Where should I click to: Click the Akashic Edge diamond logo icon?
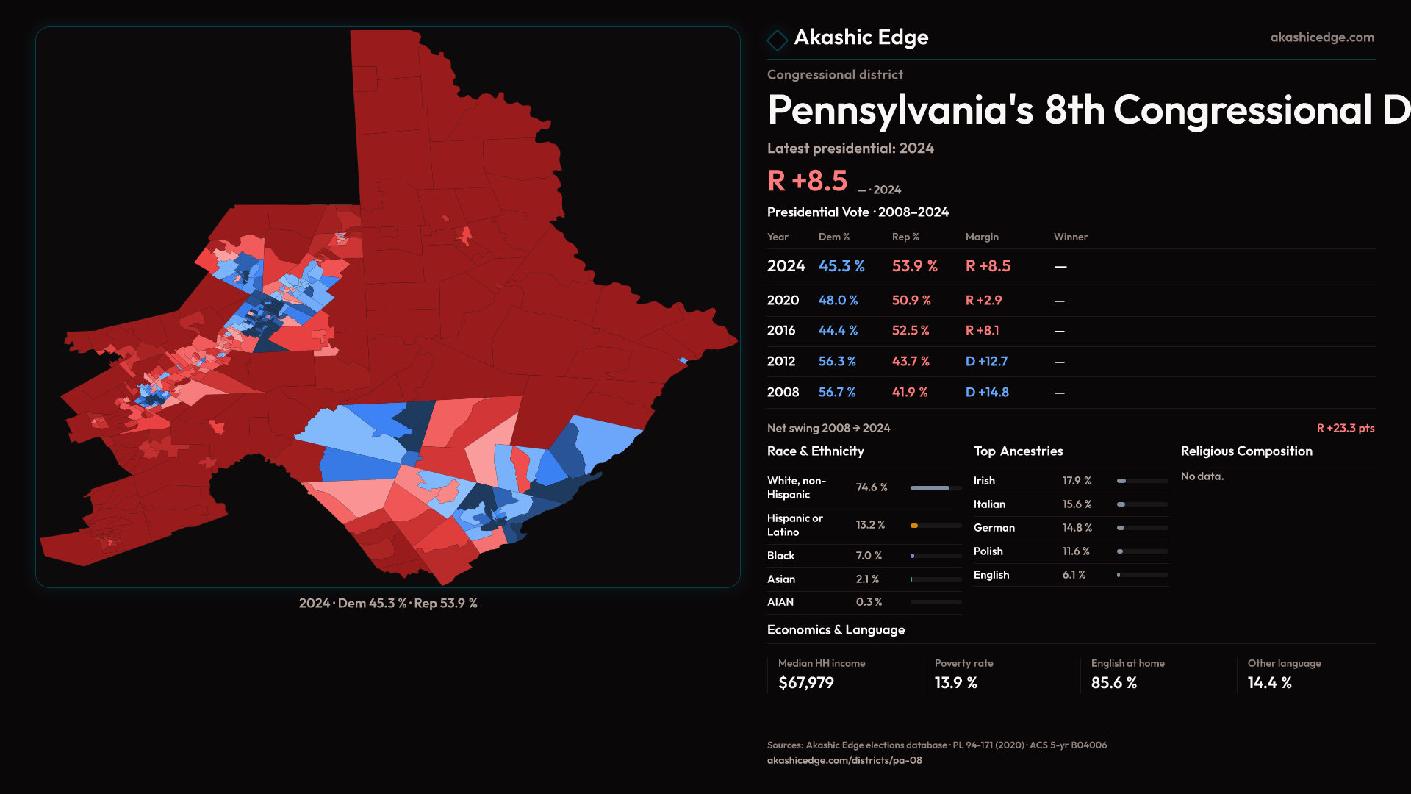[777, 40]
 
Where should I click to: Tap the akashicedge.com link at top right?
[1322, 37]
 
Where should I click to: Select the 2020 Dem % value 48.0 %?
[838, 301]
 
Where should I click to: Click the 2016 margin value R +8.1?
[982, 331]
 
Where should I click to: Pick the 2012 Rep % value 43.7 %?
[911, 362]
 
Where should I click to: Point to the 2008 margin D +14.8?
[986, 393]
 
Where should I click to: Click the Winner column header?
[1070, 237]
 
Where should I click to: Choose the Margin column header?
[982, 237]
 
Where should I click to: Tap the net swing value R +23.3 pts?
[1345, 428]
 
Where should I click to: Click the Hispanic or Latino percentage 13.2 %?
[870, 525]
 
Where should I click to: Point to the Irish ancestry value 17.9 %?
[1077, 481]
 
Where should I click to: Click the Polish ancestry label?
[988, 551]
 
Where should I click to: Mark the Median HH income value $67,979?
[805, 683]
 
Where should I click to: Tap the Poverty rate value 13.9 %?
[955, 683]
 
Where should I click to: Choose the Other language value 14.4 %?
[1269, 683]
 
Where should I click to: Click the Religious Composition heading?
[1246, 451]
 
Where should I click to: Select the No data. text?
[1202, 476]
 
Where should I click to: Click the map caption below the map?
[388, 603]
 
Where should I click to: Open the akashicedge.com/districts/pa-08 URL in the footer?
[844, 760]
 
